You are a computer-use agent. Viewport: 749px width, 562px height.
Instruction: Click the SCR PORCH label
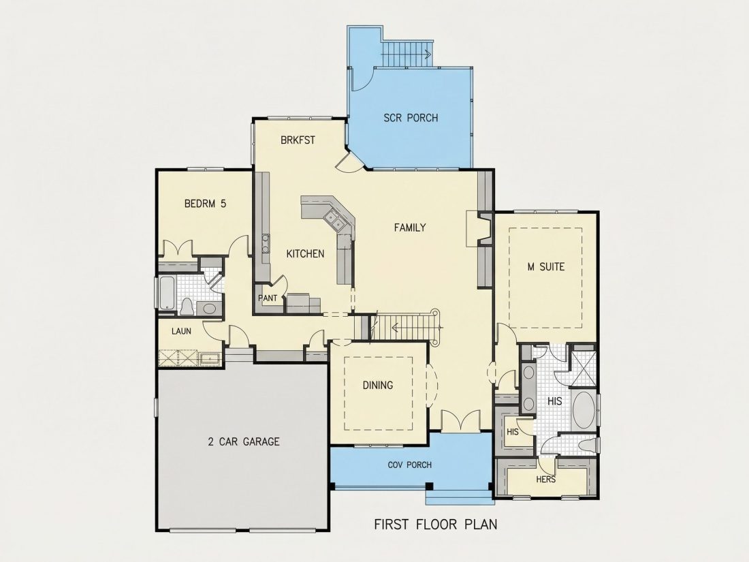pyautogui.click(x=411, y=118)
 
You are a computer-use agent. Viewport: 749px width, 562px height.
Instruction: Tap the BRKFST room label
pyautogui.click(x=298, y=140)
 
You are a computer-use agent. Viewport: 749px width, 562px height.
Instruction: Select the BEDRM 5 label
pyautogui.click(x=205, y=204)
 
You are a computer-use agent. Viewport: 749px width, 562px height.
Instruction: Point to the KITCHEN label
pyautogui.click(x=305, y=254)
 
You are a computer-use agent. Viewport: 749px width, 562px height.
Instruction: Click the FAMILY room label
pyautogui.click(x=410, y=228)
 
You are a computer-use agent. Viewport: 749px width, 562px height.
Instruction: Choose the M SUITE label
pyautogui.click(x=545, y=266)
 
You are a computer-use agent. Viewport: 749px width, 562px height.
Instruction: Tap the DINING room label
pyautogui.click(x=378, y=385)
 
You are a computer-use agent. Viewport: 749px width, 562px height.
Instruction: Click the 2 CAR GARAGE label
pyautogui.click(x=244, y=441)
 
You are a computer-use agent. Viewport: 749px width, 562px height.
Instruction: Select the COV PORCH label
pyautogui.click(x=409, y=465)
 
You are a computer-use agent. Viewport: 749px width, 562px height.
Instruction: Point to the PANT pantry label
pyautogui.click(x=268, y=298)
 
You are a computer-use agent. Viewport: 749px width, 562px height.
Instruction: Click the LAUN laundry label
pyautogui.click(x=182, y=330)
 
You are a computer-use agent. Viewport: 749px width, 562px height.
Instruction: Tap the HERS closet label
pyautogui.click(x=545, y=479)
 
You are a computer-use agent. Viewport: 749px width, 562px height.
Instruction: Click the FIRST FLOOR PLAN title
pyautogui.click(x=435, y=525)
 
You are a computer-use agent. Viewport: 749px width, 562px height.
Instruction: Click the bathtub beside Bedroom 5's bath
pyautogui.click(x=167, y=294)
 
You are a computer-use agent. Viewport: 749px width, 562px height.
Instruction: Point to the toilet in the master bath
pyautogui.click(x=587, y=446)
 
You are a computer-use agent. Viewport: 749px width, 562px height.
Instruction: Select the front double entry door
pyautogui.click(x=460, y=420)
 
